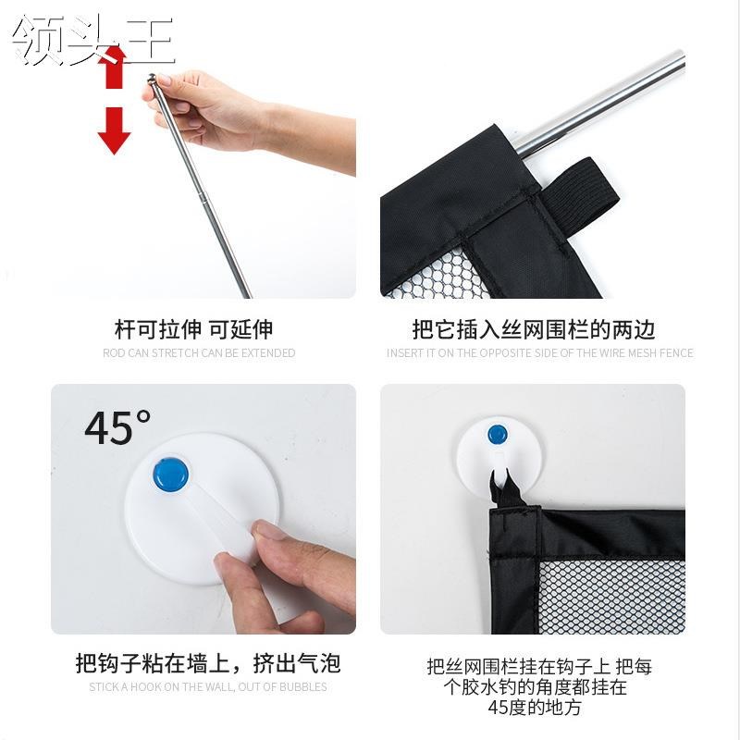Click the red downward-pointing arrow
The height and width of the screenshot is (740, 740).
115,130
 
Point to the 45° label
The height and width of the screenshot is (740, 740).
117,427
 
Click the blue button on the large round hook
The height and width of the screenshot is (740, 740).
170,474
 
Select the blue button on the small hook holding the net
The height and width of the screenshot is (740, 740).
498,434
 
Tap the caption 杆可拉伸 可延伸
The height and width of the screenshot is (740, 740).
193,329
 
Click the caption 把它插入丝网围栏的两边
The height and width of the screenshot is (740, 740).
534,330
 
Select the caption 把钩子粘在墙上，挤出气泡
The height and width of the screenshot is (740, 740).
207,663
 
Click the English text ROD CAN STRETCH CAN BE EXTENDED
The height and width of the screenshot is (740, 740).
199,353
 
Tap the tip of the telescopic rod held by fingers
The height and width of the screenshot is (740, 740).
153,80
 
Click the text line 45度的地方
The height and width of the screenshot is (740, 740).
535,708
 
